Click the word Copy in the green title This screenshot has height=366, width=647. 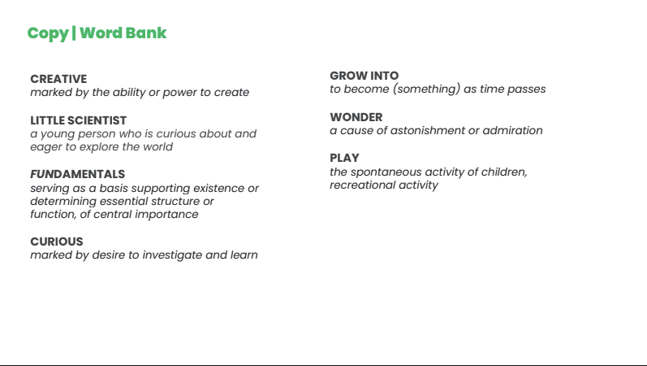pyautogui.click(x=48, y=33)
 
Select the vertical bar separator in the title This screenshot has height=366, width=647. pyautogui.click(x=74, y=33)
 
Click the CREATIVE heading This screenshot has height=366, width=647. pyautogui.click(x=58, y=79)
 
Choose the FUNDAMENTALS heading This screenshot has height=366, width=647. pyautogui.click(x=78, y=174)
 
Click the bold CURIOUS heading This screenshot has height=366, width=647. pyautogui.click(x=57, y=242)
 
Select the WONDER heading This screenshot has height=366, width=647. pyautogui.click(x=356, y=117)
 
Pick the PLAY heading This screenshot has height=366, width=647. pyautogui.click(x=344, y=158)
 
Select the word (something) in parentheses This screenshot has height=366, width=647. pyautogui.click(x=426, y=89)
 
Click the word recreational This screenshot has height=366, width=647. pyautogui.click(x=362, y=185)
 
